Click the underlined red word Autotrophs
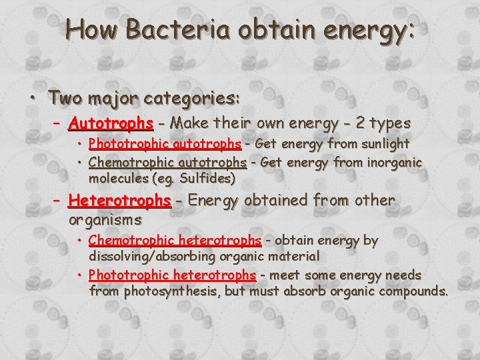click(x=111, y=123)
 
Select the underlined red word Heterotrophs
click(x=120, y=200)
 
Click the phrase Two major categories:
click(x=144, y=99)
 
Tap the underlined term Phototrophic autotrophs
click(x=165, y=144)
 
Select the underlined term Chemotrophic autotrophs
click(x=167, y=162)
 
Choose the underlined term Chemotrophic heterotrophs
click(x=175, y=240)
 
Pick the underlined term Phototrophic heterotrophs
click(x=172, y=275)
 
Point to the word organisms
click(x=105, y=219)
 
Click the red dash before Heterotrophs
click(x=57, y=200)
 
